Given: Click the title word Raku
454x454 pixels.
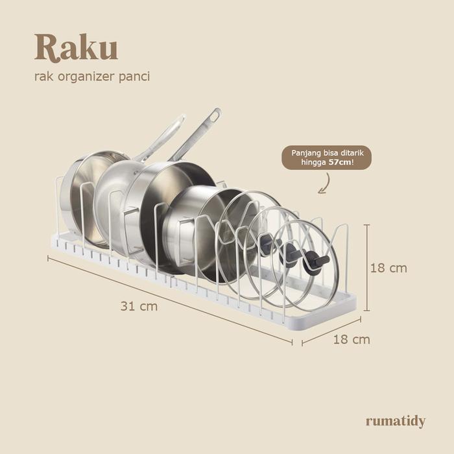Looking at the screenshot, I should pyautogui.click(x=76, y=47).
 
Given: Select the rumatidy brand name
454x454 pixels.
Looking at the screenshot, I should pyautogui.click(x=395, y=421).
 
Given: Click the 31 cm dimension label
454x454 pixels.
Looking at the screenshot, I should pyautogui.click(x=139, y=306).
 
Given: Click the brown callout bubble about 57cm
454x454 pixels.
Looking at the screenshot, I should pyautogui.click(x=326, y=158).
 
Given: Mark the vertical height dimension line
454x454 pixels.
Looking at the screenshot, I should pyautogui.click(x=367, y=268).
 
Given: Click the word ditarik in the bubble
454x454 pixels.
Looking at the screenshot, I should pyautogui.click(x=354, y=154).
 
